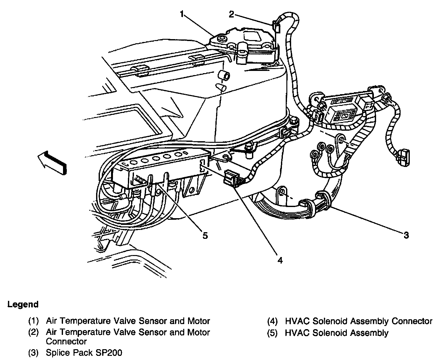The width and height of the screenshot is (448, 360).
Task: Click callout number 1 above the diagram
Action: tap(182, 14)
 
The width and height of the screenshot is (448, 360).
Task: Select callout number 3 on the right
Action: tap(406, 235)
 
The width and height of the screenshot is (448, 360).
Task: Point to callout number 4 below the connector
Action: tap(279, 260)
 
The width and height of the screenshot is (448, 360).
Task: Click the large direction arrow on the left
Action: tap(52, 162)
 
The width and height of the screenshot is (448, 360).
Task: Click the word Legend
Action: tap(23, 304)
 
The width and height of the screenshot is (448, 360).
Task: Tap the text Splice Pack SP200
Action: tap(84, 353)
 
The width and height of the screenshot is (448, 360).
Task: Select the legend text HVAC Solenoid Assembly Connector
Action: tap(359, 321)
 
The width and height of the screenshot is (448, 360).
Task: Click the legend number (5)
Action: tap(273, 333)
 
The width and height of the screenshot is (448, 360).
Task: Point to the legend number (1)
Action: tap(34, 321)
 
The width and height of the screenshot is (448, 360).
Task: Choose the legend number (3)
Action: tap(34, 353)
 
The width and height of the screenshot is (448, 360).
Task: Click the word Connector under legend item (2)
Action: tap(66, 342)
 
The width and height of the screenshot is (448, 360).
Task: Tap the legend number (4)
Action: tap(273, 321)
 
